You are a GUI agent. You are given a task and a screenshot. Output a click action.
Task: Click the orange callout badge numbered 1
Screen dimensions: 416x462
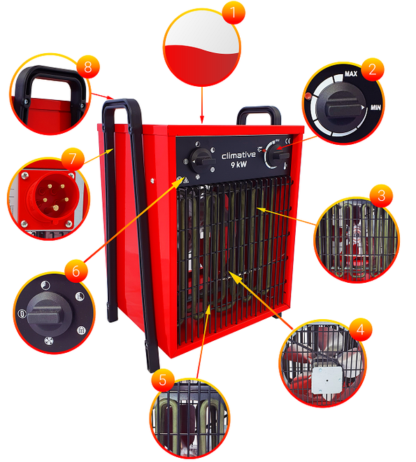pos(234,13)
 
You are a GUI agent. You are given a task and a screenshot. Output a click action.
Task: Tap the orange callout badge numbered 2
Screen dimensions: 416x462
pos(372,69)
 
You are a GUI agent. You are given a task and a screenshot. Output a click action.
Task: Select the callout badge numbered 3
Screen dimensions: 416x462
pos(381,195)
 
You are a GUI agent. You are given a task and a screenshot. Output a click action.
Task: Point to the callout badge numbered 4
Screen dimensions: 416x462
pos(360,330)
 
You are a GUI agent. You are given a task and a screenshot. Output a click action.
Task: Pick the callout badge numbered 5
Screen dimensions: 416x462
pos(163,380)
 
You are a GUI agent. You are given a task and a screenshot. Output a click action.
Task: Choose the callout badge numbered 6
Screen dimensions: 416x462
pos(76,271)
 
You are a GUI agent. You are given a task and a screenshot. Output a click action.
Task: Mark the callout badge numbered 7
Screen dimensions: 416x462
pos(73,159)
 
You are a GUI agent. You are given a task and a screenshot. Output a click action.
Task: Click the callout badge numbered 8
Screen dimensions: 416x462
pos(88,66)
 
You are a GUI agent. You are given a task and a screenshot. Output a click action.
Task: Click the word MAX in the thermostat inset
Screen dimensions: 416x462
pos(351,73)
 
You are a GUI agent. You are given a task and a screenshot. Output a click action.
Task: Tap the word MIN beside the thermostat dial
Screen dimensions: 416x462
pos(375,107)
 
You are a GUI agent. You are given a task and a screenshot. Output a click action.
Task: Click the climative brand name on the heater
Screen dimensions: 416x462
pos(238,155)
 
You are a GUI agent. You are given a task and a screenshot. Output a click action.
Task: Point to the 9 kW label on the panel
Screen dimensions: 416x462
pos(238,164)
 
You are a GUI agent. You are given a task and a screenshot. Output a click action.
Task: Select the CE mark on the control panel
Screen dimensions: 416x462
pos(288,141)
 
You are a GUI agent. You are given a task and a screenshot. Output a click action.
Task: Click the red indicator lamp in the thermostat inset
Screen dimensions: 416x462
pos(308,96)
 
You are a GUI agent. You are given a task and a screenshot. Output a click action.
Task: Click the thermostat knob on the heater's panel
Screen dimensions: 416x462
pos(278,155)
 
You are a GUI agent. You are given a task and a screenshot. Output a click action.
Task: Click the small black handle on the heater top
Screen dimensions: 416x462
pos(259,115)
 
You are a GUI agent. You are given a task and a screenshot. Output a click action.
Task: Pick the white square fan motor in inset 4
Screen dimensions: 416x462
pos(327,380)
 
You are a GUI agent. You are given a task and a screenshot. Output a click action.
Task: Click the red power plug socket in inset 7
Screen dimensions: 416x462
pos(49,198)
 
